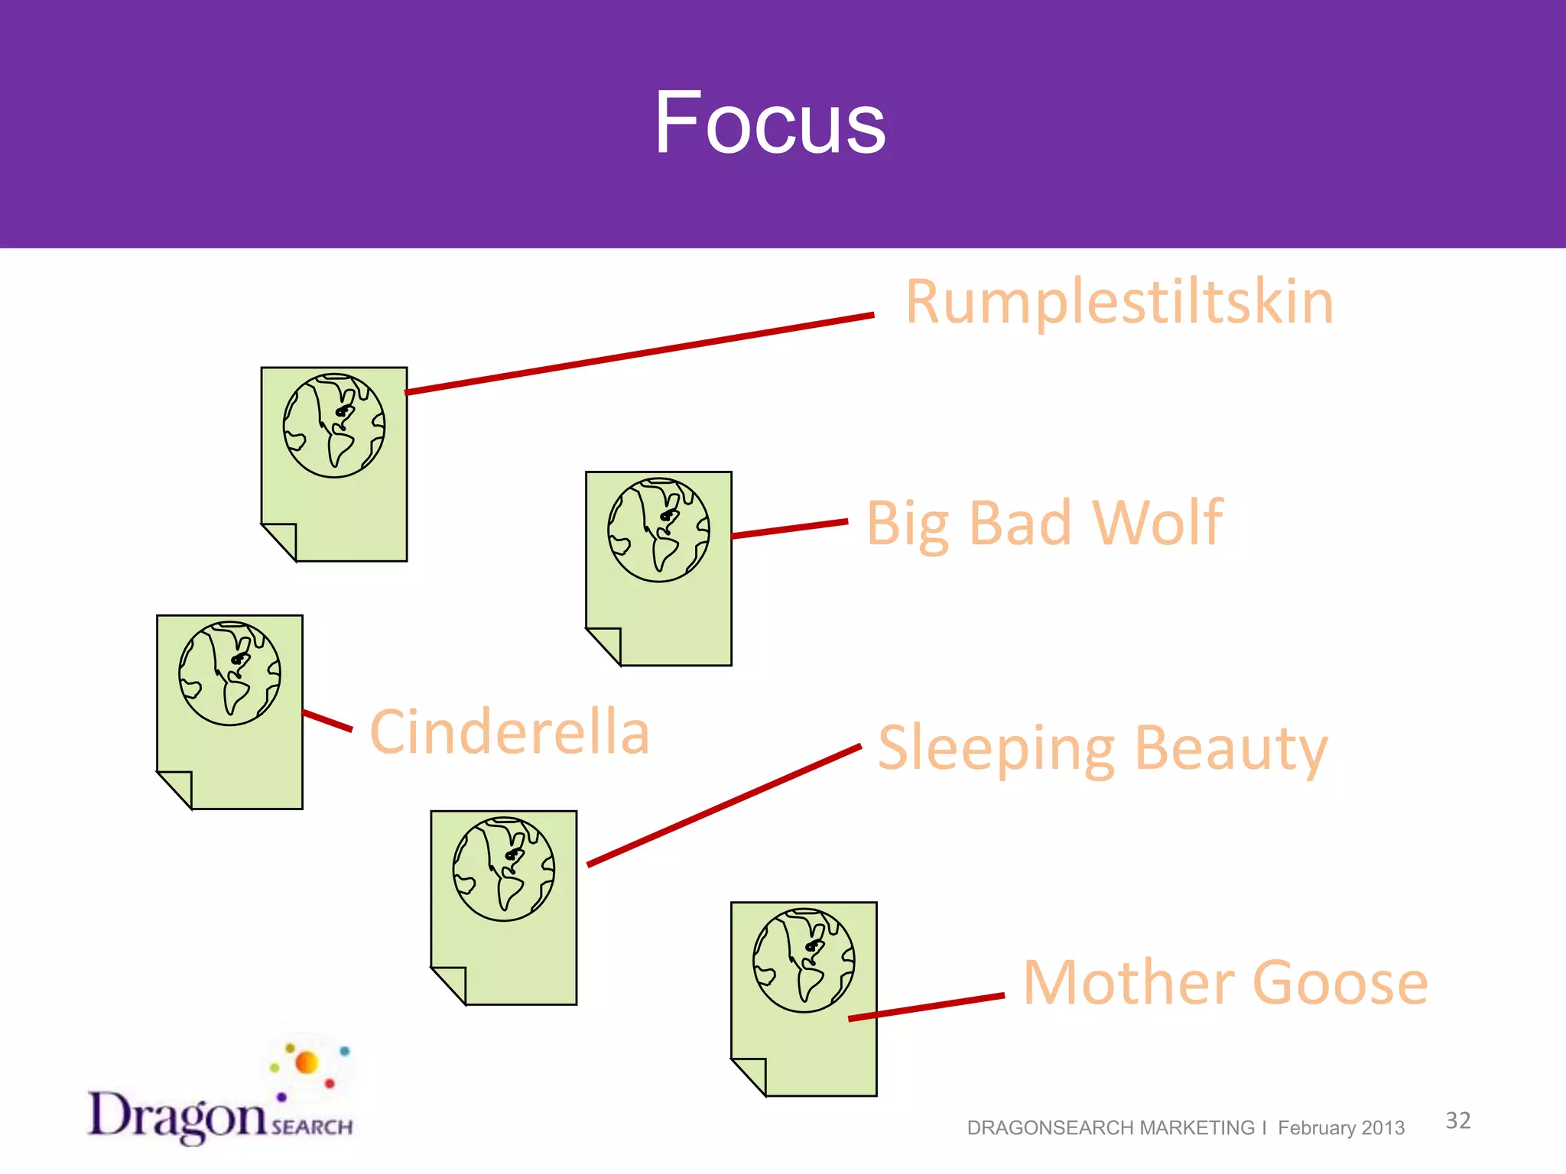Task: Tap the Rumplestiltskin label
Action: (1119, 303)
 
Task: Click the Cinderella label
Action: (509, 732)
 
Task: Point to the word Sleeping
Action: (996, 749)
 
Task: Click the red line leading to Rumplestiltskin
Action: (639, 353)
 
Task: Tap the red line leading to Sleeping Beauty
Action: (723, 806)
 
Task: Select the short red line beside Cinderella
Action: (328, 721)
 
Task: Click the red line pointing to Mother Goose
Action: (927, 1007)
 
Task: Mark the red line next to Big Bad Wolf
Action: (790, 529)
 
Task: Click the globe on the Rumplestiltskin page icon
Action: (334, 426)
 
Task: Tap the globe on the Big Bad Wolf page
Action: (658, 530)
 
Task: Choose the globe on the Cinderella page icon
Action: (229, 673)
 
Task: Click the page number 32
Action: (1457, 1120)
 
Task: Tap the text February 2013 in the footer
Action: (1340, 1128)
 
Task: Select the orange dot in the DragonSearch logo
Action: (307, 1062)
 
